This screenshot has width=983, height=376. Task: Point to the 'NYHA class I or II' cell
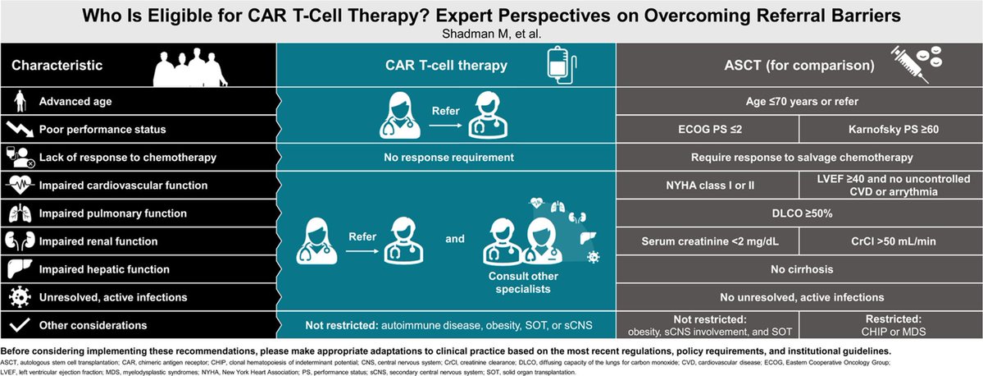point(708,185)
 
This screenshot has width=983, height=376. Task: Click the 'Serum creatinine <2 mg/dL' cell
point(708,241)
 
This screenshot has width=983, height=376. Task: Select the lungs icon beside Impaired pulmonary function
point(16,213)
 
